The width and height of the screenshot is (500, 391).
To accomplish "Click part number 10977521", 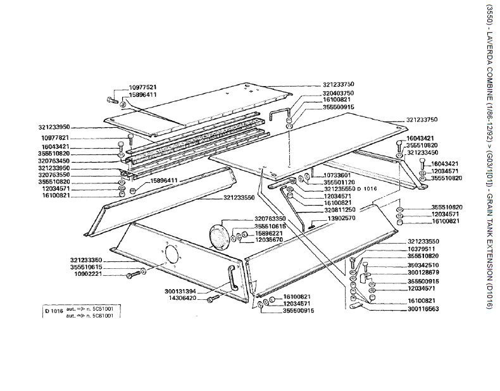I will click(143, 87).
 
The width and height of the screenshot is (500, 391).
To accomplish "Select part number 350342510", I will click(423, 264).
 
